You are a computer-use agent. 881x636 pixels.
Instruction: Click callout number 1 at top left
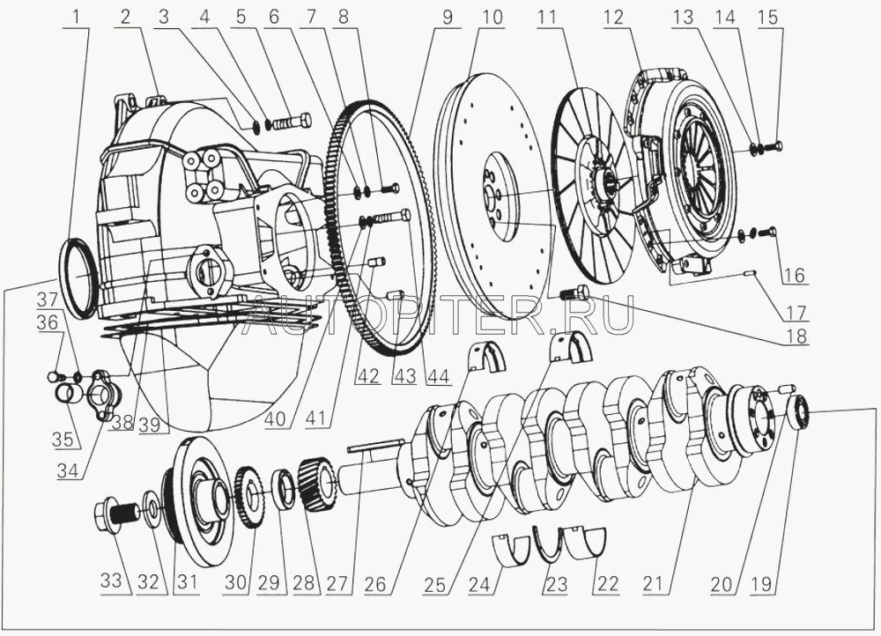pos(78,17)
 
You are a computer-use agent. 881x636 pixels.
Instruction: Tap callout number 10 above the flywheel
pos(491,17)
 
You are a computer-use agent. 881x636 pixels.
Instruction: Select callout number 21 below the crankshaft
pos(652,583)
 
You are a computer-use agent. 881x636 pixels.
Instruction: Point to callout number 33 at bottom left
pos(111,581)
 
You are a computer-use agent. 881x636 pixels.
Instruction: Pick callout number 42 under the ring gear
pos(368,375)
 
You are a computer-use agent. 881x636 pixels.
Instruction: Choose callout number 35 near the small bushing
pos(62,439)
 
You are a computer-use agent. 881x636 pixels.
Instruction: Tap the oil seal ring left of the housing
pos(78,274)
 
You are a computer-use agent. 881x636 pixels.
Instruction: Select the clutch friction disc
pos(595,183)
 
